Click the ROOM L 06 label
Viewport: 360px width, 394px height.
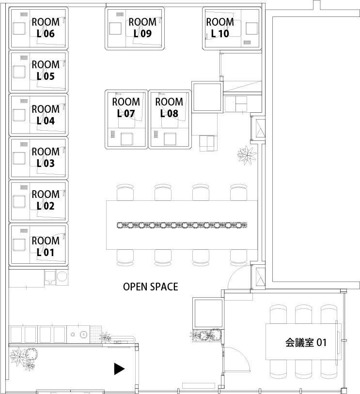tap(46, 28)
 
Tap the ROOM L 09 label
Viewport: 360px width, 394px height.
tap(142, 28)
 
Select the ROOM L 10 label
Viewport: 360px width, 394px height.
tap(220, 28)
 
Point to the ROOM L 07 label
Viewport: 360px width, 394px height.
tap(126, 108)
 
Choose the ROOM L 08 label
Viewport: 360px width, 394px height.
tap(169, 108)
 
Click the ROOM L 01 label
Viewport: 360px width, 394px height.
tap(46, 246)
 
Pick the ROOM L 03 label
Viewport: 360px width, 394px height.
tap(46, 157)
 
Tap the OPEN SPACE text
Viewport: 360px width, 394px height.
tap(150, 287)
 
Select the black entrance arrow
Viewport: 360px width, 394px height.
tap(119, 369)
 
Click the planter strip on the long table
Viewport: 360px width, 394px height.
tap(182, 225)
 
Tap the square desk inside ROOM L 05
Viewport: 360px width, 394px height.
tap(19, 72)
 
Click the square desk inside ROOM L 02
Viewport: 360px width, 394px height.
tap(19, 201)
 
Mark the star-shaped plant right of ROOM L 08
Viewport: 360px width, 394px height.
tap(247, 155)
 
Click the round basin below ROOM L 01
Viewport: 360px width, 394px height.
tap(62, 277)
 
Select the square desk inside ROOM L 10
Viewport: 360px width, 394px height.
tap(251, 29)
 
